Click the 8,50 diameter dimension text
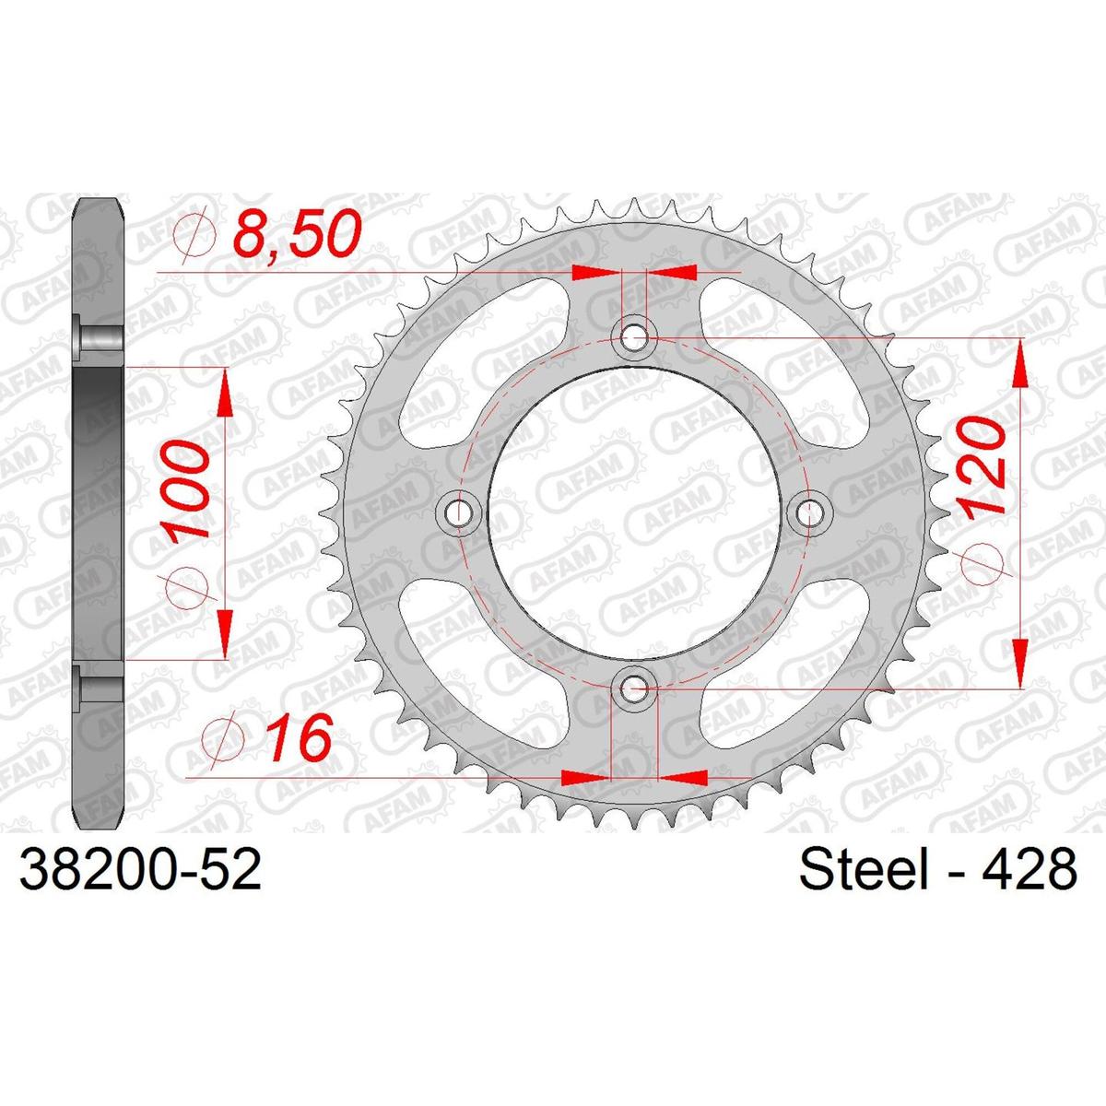click(298, 234)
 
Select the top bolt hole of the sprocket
click(633, 336)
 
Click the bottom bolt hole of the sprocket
click(633, 687)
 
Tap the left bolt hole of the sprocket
click(458, 512)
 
